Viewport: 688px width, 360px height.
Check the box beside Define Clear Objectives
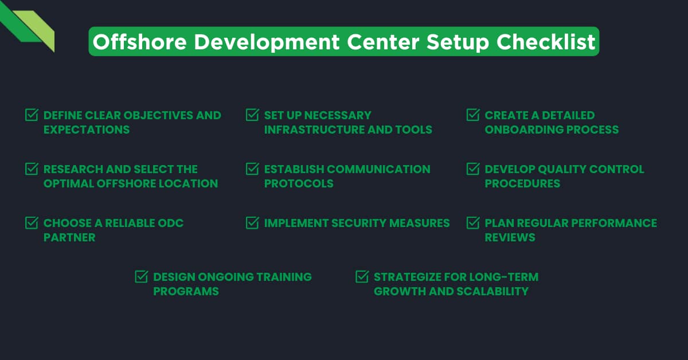click(x=32, y=115)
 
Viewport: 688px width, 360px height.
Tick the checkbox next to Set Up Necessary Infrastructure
click(x=252, y=115)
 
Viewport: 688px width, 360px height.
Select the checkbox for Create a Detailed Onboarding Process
click(x=473, y=115)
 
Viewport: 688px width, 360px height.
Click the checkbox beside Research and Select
click(x=32, y=169)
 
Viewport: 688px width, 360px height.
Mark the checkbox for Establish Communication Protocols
click(x=252, y=169)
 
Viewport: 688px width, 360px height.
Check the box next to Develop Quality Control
click(x=473, y=169)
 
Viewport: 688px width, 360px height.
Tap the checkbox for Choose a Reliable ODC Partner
click(x=32, y=223)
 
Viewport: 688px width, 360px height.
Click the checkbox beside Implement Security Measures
click(x=252, y=223)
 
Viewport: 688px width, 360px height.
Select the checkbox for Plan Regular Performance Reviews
click(x=473, y=223)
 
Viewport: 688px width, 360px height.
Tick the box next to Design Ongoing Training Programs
click(x=141, y=277)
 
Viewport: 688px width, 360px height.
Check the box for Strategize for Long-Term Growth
click(x=362, y=277)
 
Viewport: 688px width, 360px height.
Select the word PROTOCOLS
click(x=298, y=183)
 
